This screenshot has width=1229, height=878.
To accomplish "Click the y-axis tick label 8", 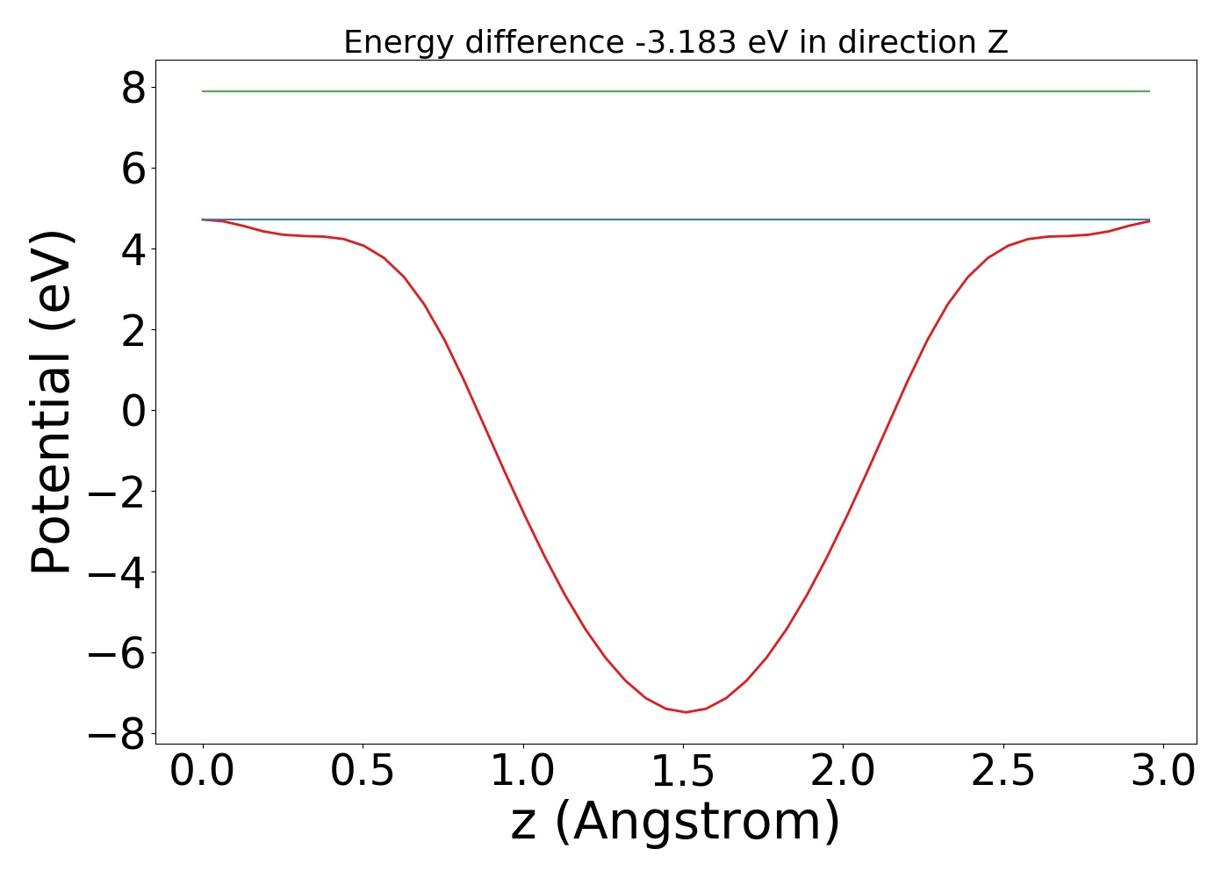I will pyautogui.click(x=133, y=88).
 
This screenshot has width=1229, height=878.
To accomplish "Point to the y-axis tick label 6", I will pyautogui.click(x=133, y=169).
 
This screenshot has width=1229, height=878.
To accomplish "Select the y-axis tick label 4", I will pyautogui.click(x=133, y=249).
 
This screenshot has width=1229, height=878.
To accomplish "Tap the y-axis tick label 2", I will pyautogui.click(x=133, y=330).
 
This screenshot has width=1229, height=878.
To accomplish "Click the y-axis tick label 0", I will pyautogui.click(x=133, y=411).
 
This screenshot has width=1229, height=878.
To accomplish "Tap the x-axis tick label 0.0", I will pyautogui.click(x=203, y=772).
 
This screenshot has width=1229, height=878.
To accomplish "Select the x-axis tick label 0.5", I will pyautogui.click(x=363, y=772).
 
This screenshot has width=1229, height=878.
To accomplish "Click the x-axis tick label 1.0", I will pyautogui.click(x=523, y=772).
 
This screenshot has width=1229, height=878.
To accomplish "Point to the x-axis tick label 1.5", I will pyautogui.click(x=683, y=772).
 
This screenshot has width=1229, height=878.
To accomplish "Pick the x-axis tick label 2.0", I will pyautogui.click(x=843, y=772).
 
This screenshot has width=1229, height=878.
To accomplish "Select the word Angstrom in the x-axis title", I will pyautogui.click(x=698, y=823).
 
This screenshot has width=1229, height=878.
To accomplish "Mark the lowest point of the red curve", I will pyautogui.click(x=686, y=712).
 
